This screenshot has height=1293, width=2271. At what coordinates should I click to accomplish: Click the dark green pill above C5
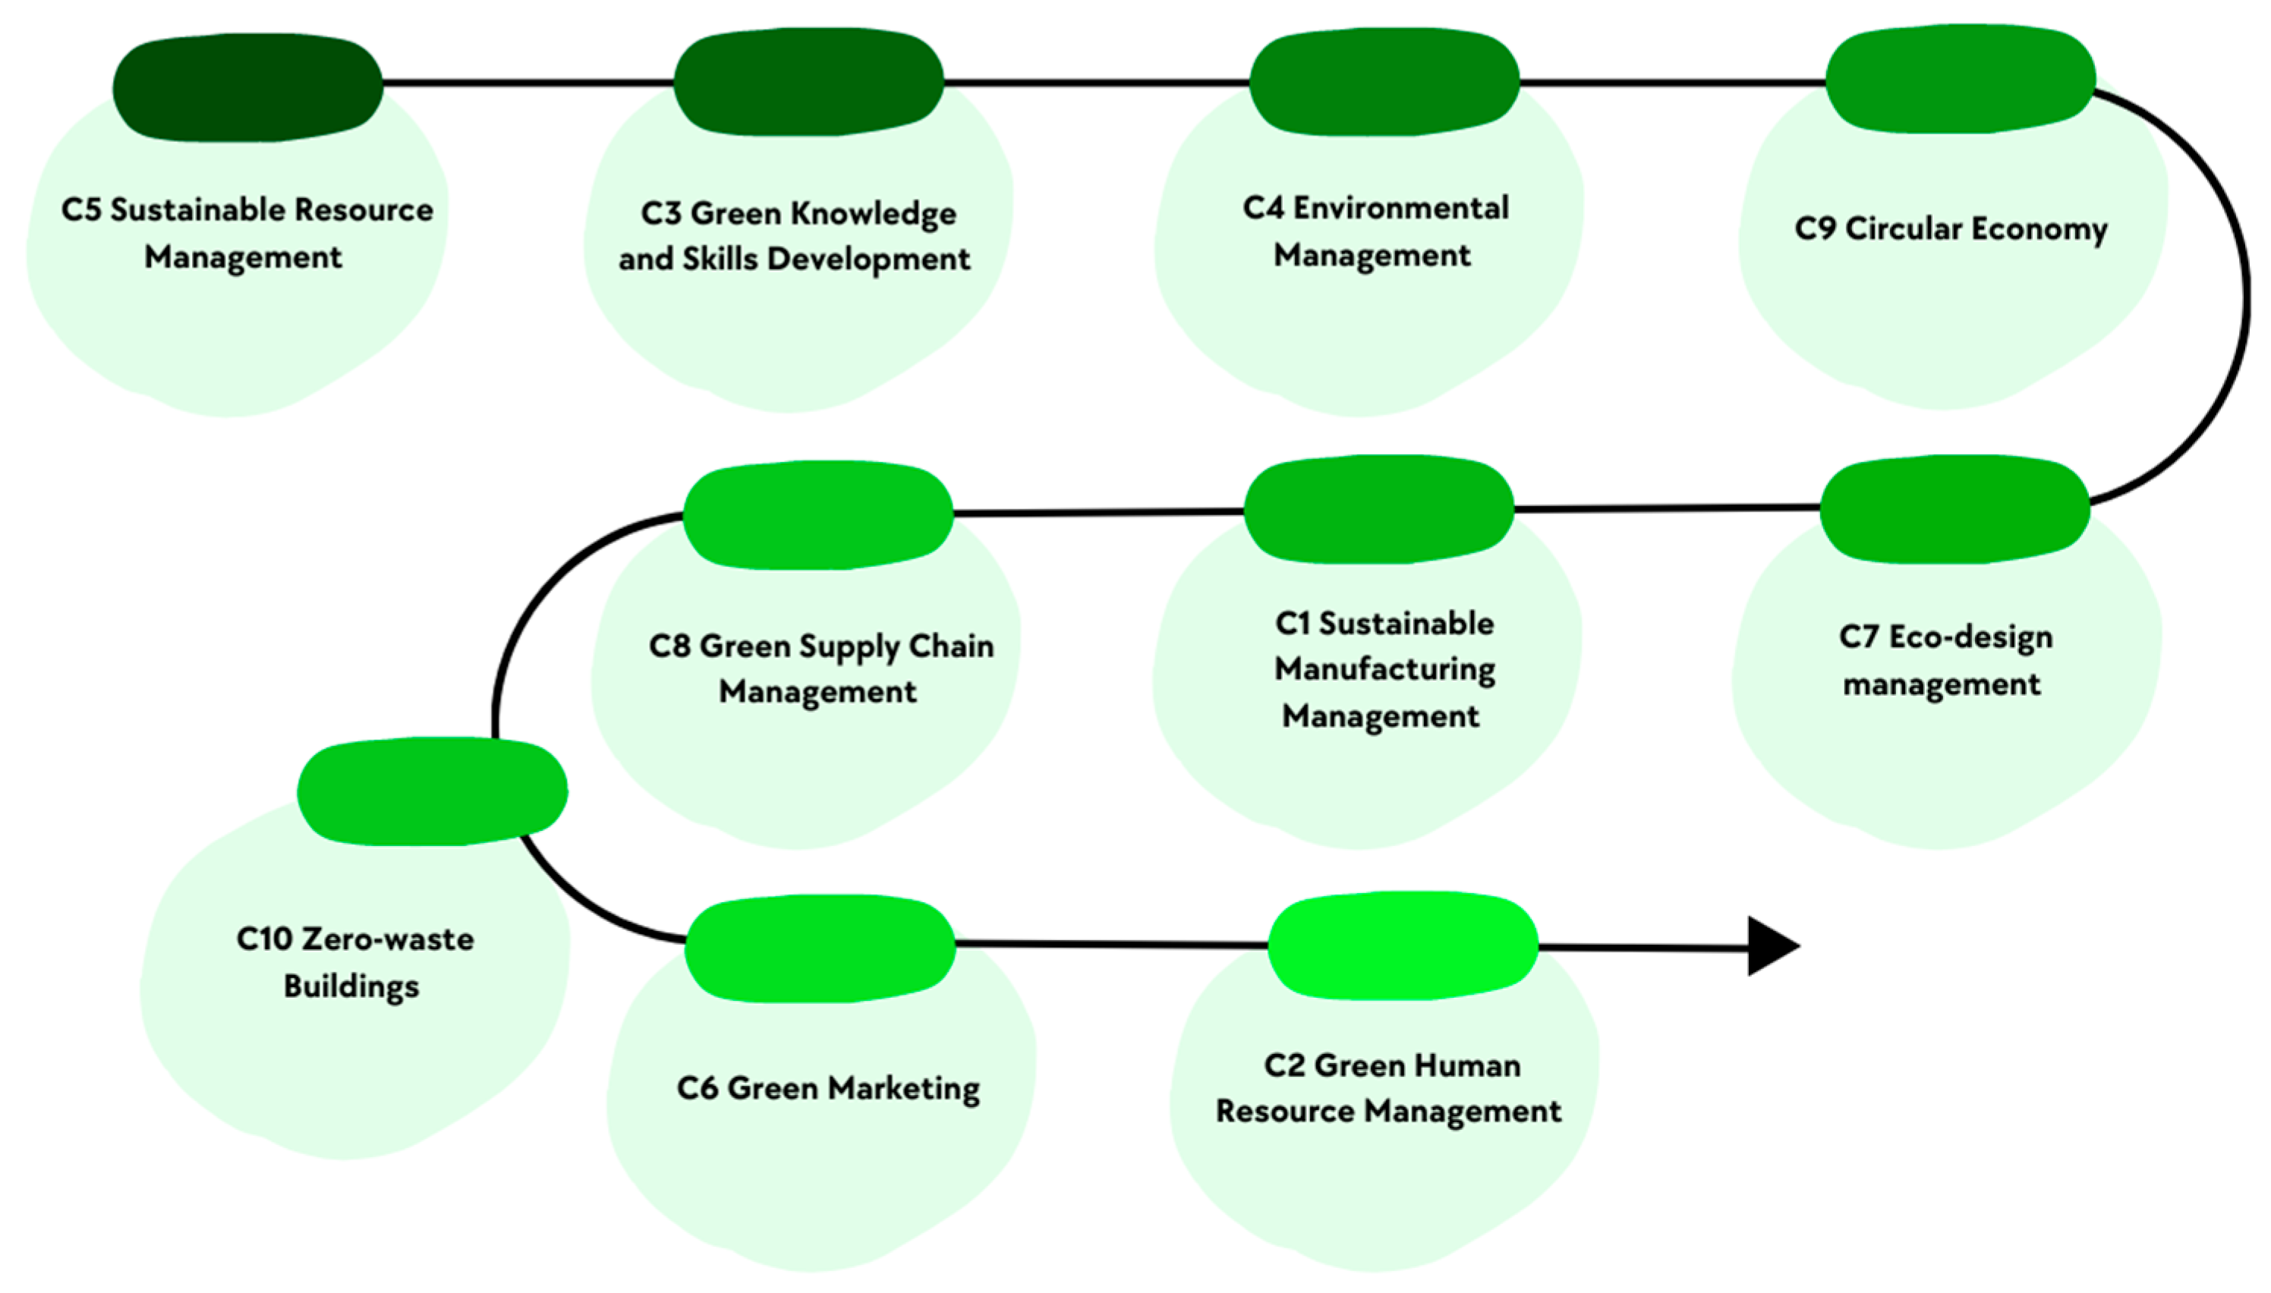[x=247, y=87]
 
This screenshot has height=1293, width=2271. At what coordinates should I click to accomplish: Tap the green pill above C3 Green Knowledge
[x=808, y=82]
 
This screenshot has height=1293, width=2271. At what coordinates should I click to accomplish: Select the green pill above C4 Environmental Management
[x=1384, y=82]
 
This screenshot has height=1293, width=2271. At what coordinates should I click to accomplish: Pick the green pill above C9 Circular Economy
[x=1960, y=79]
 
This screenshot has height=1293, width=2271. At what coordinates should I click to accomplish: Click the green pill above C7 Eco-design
[x=1954, y=510]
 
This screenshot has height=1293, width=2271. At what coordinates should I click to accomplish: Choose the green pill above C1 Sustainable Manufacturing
[x=1378, y=510]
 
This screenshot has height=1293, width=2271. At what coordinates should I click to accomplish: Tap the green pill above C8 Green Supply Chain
[x=818, y=515]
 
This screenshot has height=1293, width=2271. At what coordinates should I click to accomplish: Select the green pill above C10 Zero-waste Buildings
[x=432, y=791]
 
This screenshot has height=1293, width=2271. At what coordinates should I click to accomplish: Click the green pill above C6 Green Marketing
[x=820, y=949]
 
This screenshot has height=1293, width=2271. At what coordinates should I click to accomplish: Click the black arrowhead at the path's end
[x=1769, y=947]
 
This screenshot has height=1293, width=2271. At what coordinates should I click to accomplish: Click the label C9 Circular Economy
[x=1951, y=229]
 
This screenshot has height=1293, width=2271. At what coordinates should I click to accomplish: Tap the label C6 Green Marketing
[x=828, y=1088]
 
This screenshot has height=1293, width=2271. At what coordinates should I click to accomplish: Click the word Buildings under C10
[x=351, y=986]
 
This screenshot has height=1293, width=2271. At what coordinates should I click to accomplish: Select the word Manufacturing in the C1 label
[x=1384, y=669]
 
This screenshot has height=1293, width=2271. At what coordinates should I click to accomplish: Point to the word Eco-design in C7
[x=1970, y=637]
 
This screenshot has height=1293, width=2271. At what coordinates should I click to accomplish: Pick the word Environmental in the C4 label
[x=1400, y=209]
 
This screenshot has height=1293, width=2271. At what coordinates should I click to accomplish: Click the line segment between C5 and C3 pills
[x=528, y=83]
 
